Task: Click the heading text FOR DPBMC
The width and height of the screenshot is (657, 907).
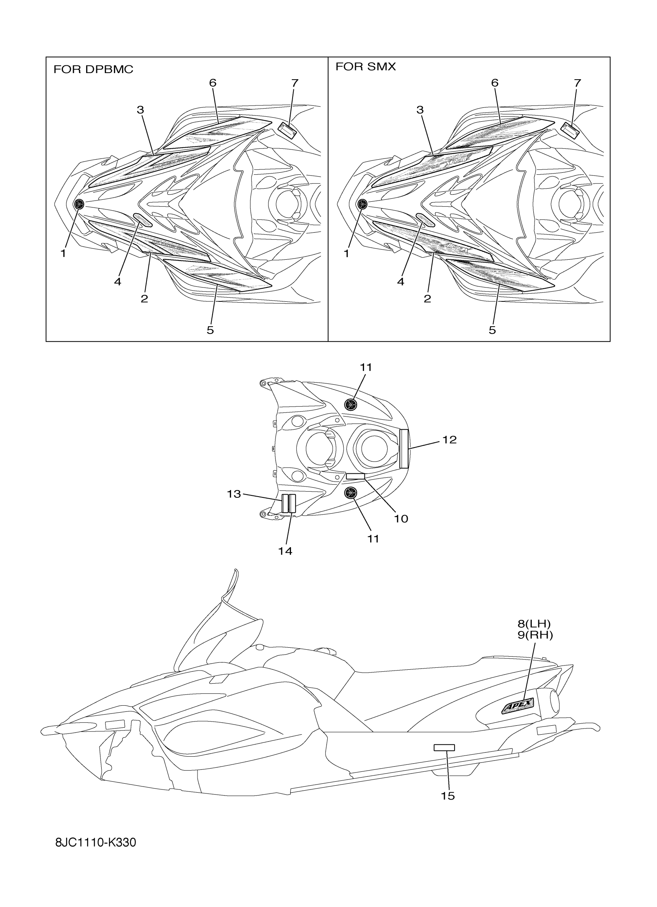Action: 93,70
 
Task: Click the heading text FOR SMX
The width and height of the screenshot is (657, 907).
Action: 366,67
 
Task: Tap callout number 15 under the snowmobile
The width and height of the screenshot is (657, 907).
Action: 448,796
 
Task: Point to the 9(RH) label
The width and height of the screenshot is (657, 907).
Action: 535,635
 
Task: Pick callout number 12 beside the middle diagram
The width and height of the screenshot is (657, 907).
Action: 449,439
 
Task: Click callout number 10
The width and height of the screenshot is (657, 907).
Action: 401,519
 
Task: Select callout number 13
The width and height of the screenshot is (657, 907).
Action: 234,494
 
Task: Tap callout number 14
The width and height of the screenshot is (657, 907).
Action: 285,551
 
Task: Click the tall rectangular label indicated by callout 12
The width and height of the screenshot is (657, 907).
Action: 404,448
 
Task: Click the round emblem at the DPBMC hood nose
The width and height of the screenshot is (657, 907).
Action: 80,204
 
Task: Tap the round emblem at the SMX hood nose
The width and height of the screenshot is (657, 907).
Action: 362,204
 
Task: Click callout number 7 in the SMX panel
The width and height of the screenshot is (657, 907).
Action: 577,83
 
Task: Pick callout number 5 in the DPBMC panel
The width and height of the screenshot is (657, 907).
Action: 210,330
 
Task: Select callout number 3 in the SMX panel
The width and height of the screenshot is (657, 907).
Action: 419,110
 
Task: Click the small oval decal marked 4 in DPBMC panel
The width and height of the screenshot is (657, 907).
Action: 143,220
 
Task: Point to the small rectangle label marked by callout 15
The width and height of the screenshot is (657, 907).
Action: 444,748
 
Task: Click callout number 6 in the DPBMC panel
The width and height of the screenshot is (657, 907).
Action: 213,83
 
